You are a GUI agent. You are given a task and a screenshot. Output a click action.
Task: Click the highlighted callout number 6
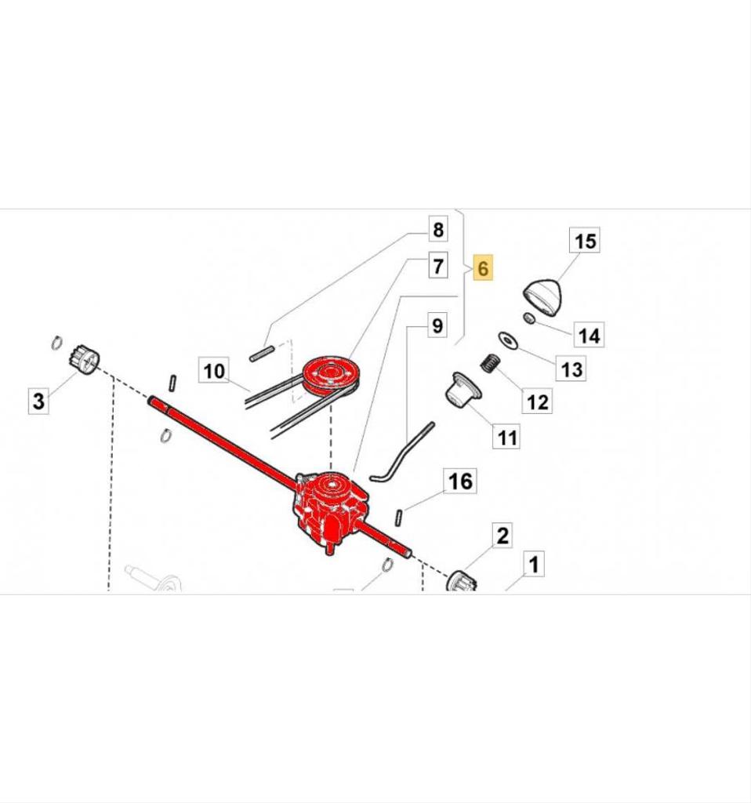(x=483, y=268)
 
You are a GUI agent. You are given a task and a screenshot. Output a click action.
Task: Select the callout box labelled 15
(x=586, y=241)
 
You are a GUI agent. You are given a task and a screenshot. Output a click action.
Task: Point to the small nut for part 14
(x=530, y=318)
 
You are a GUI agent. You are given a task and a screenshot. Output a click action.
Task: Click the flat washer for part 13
(x=507, y=340)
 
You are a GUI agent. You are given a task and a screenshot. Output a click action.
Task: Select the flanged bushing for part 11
(x=460, y=390)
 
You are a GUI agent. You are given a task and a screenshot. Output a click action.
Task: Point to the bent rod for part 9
(x=404, y=451)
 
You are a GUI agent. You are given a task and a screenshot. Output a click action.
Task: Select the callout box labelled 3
(x=39, y=401)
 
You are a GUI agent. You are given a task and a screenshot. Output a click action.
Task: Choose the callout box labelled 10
(x=215, y=370)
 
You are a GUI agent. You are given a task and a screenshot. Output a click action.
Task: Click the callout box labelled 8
(x=437, y=230)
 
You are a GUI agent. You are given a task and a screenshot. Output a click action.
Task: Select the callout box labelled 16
(x=460, y=481)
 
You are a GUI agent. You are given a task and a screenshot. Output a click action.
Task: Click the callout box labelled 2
(x=502, y=536)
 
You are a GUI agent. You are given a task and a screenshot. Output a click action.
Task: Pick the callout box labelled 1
(x=534, y=565)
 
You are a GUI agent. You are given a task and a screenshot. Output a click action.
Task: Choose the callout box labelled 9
(x=437, y=325)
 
